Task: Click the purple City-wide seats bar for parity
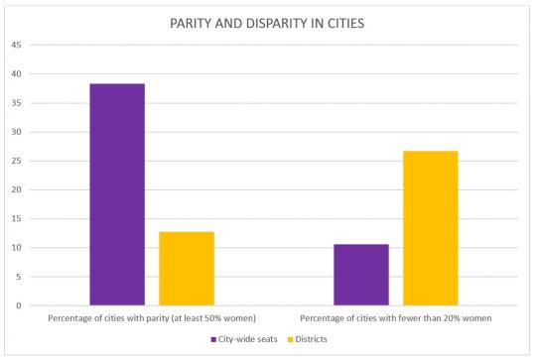coord(116,194)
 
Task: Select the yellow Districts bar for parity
coord(186,268)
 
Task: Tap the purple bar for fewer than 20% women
coord(360,275)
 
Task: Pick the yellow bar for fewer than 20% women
coord(430,228)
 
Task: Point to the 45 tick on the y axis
coord(15,46)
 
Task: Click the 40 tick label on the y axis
coord(15,74)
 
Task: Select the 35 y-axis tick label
coord(15,103)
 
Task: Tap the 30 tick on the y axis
coord(15,132)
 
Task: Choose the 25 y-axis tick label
coord(15,161)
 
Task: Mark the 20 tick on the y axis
coord(15,189)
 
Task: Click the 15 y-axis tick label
coord(15,218)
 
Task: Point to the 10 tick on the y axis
coord(15,248)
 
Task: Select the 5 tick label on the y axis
coord(17,277)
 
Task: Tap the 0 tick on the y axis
coord(17,305)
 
